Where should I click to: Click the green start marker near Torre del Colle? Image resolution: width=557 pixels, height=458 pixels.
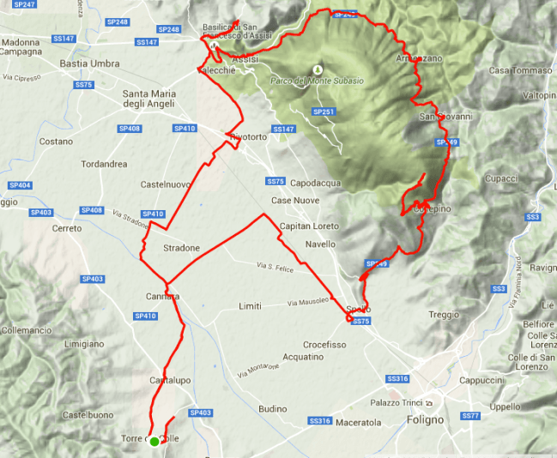[154, 442]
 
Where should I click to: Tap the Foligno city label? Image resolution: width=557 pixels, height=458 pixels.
[422, 421]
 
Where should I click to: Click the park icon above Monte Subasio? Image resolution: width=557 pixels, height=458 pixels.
[318, 69]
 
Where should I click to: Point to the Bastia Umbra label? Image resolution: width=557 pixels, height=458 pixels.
[88, 63]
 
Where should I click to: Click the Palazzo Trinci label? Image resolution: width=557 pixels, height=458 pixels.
[397, 402]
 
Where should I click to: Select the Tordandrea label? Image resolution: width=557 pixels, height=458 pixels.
[103, 163]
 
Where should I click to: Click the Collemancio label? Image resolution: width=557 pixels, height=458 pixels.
[27, 329]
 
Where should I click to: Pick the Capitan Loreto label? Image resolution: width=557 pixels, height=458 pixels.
[310, 226]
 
